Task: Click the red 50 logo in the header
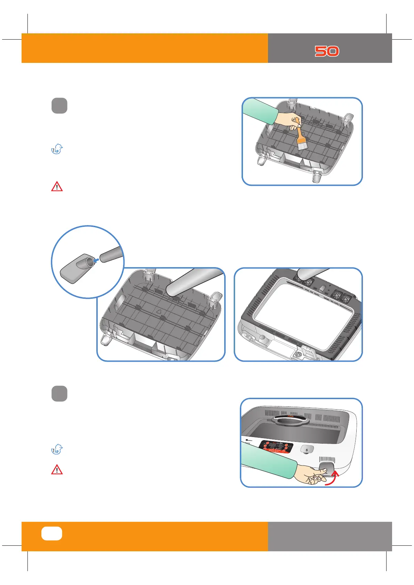[x=327, y=51]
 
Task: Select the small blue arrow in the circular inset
[x=97, y=259]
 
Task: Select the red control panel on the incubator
[x=274, y=447]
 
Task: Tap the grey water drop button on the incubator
[x=306, y=450]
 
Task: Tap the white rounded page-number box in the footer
[x=52, y=534]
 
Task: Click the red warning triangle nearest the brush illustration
[x=57, y=187]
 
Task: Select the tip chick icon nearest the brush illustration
[x=57, y=149]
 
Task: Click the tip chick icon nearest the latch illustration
[x=57, y=450]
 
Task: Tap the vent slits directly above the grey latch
[x=327, y=459]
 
